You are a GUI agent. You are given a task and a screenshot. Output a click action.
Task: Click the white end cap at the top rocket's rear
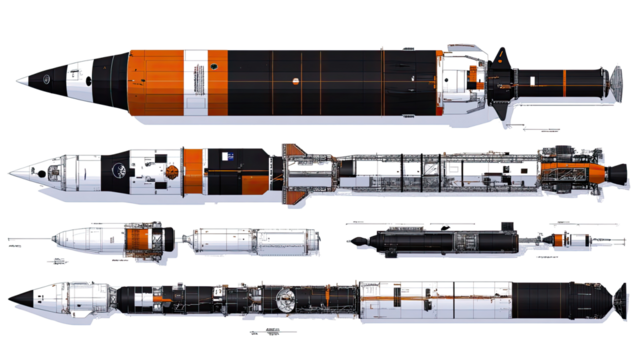point(603,76)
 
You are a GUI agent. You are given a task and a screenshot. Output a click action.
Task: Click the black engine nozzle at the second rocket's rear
point(616,171)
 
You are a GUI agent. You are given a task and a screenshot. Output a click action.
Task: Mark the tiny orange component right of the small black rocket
point(563,239)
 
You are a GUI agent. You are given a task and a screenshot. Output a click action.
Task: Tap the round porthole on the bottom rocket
point(284,296)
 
